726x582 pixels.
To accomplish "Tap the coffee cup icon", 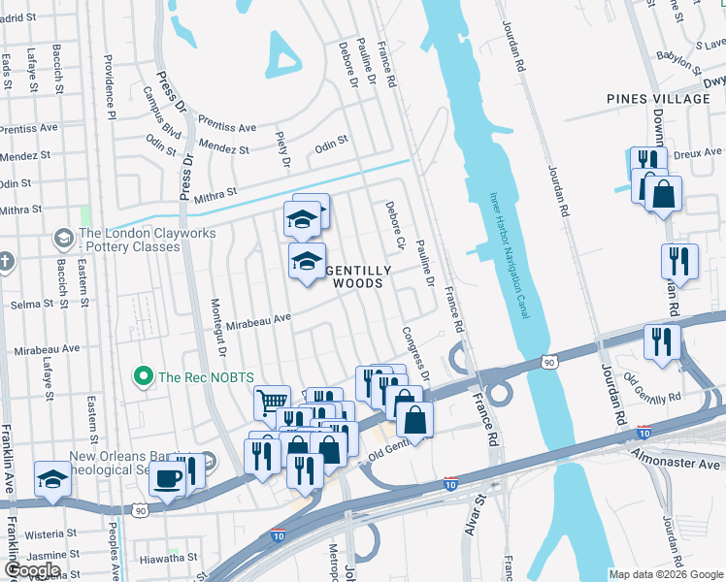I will (170, 478).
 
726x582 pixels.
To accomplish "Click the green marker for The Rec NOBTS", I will (144, 375).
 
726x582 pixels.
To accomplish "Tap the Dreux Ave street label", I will (699, 152).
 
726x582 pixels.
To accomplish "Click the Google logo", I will (32, 570).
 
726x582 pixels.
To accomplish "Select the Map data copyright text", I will (666, 574).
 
